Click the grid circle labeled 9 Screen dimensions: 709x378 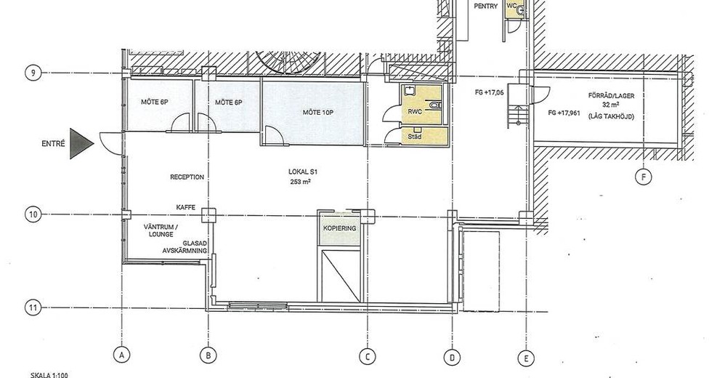[x=33, y=73]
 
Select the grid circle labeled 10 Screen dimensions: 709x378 [x=33, y=214]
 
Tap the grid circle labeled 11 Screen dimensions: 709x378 [x=33, y=307]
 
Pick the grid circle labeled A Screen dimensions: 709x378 [x=121, y=355]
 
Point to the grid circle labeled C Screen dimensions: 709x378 [x=367, y=357]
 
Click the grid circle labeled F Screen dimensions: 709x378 [x=644, y=177]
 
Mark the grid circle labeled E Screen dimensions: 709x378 [x=526, y=359]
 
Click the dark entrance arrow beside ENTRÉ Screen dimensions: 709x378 [x=81, y=143]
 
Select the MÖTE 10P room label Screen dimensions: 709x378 [x=318, y=112]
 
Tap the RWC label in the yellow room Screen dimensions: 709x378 [x=415, y=111]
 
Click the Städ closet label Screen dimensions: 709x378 [x=415, y=136]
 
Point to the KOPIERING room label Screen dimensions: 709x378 [x=339, y=228]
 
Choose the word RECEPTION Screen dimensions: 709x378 [x=187, y=177]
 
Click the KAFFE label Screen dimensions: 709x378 [x=186, y=207]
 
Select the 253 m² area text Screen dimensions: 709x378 [x=301, y=182]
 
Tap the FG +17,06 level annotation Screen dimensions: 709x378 [x=489, y=93]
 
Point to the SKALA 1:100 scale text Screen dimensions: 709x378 [x=49, y=375]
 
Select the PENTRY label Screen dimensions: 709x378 [x=486, y=7]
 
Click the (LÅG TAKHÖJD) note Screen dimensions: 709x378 [x=611, y=117]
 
